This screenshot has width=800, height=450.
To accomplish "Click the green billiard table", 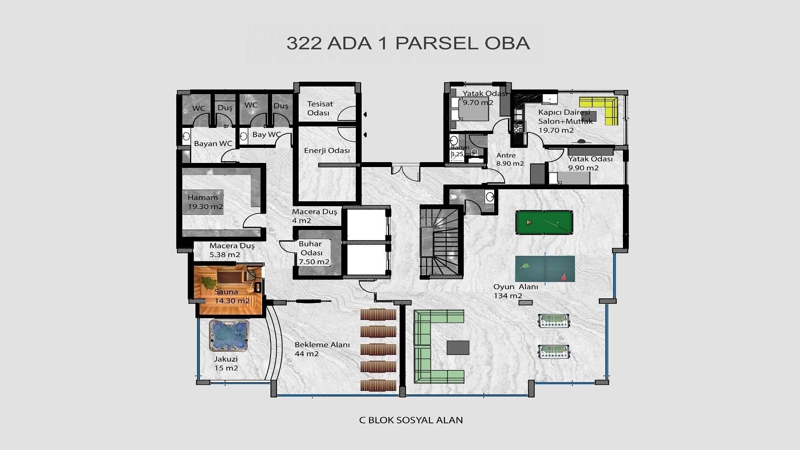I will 544,222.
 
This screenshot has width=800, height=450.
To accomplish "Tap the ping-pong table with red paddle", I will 545,269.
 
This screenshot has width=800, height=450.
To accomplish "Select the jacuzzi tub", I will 229,335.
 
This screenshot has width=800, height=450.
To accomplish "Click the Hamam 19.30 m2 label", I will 205,202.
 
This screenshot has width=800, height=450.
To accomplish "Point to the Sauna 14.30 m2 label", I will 232,296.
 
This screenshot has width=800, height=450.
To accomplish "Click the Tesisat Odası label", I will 320,108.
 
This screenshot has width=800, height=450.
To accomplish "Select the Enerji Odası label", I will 327,150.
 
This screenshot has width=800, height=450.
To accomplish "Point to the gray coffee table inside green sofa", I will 457,347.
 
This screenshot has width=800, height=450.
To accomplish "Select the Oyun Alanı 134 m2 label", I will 515,291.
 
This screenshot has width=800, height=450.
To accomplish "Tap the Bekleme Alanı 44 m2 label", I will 322,349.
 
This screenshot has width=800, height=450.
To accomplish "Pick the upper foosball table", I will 554,320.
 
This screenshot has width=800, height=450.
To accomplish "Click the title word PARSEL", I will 436,43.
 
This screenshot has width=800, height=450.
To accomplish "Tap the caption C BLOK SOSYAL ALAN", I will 410,420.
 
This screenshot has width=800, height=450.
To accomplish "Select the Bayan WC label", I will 213,144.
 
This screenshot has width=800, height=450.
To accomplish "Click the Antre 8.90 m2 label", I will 510,159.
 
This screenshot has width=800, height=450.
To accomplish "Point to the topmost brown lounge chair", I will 378,315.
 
